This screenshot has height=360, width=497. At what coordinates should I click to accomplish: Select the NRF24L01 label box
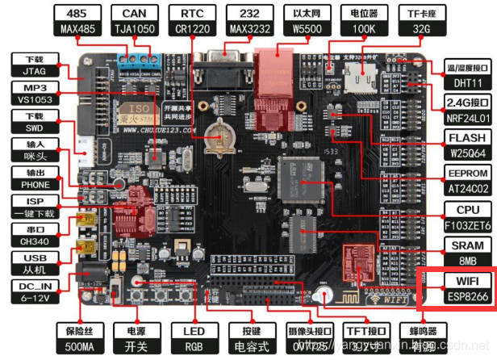[468, 108]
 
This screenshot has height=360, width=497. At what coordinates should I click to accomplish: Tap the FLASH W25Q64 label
[468, 144]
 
